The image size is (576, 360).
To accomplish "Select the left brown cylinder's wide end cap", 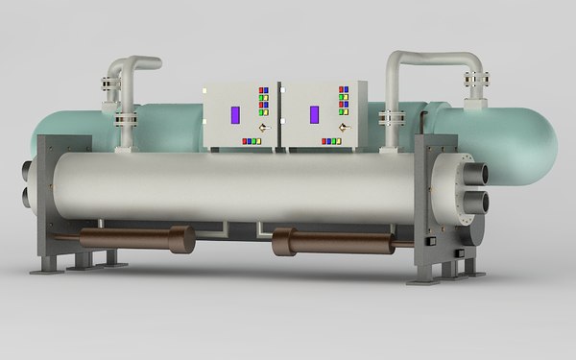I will coord(181,239).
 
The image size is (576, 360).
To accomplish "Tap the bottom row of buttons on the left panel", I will coord(252,141).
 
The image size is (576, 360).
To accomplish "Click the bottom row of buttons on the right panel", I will coord(332,141).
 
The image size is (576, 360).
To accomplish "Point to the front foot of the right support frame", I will coord(427,279).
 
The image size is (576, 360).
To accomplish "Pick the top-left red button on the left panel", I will coord(257,90).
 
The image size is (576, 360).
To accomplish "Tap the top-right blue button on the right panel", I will coord(343,90).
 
